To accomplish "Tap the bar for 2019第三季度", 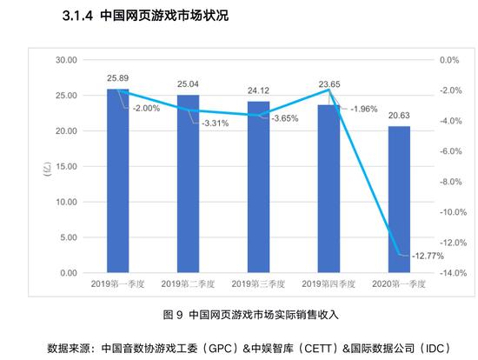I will pos(258,188).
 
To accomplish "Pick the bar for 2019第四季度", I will pos(329,190).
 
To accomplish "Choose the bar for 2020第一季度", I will pos(399,200).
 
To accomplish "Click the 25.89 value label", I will pos(118,78).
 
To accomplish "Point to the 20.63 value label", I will pos(399,116).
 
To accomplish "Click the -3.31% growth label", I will pos(216,123).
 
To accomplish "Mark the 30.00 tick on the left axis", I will pos(66,60).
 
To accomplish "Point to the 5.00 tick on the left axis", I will pos(69,237).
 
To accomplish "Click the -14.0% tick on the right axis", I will pos(448,273).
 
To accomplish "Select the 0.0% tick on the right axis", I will pos(448,60).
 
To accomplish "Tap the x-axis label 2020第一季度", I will pos(399,284).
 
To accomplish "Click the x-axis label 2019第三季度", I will pos(258,284).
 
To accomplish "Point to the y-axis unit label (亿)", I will pos(46,168).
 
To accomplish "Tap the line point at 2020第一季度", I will pos(399,254).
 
